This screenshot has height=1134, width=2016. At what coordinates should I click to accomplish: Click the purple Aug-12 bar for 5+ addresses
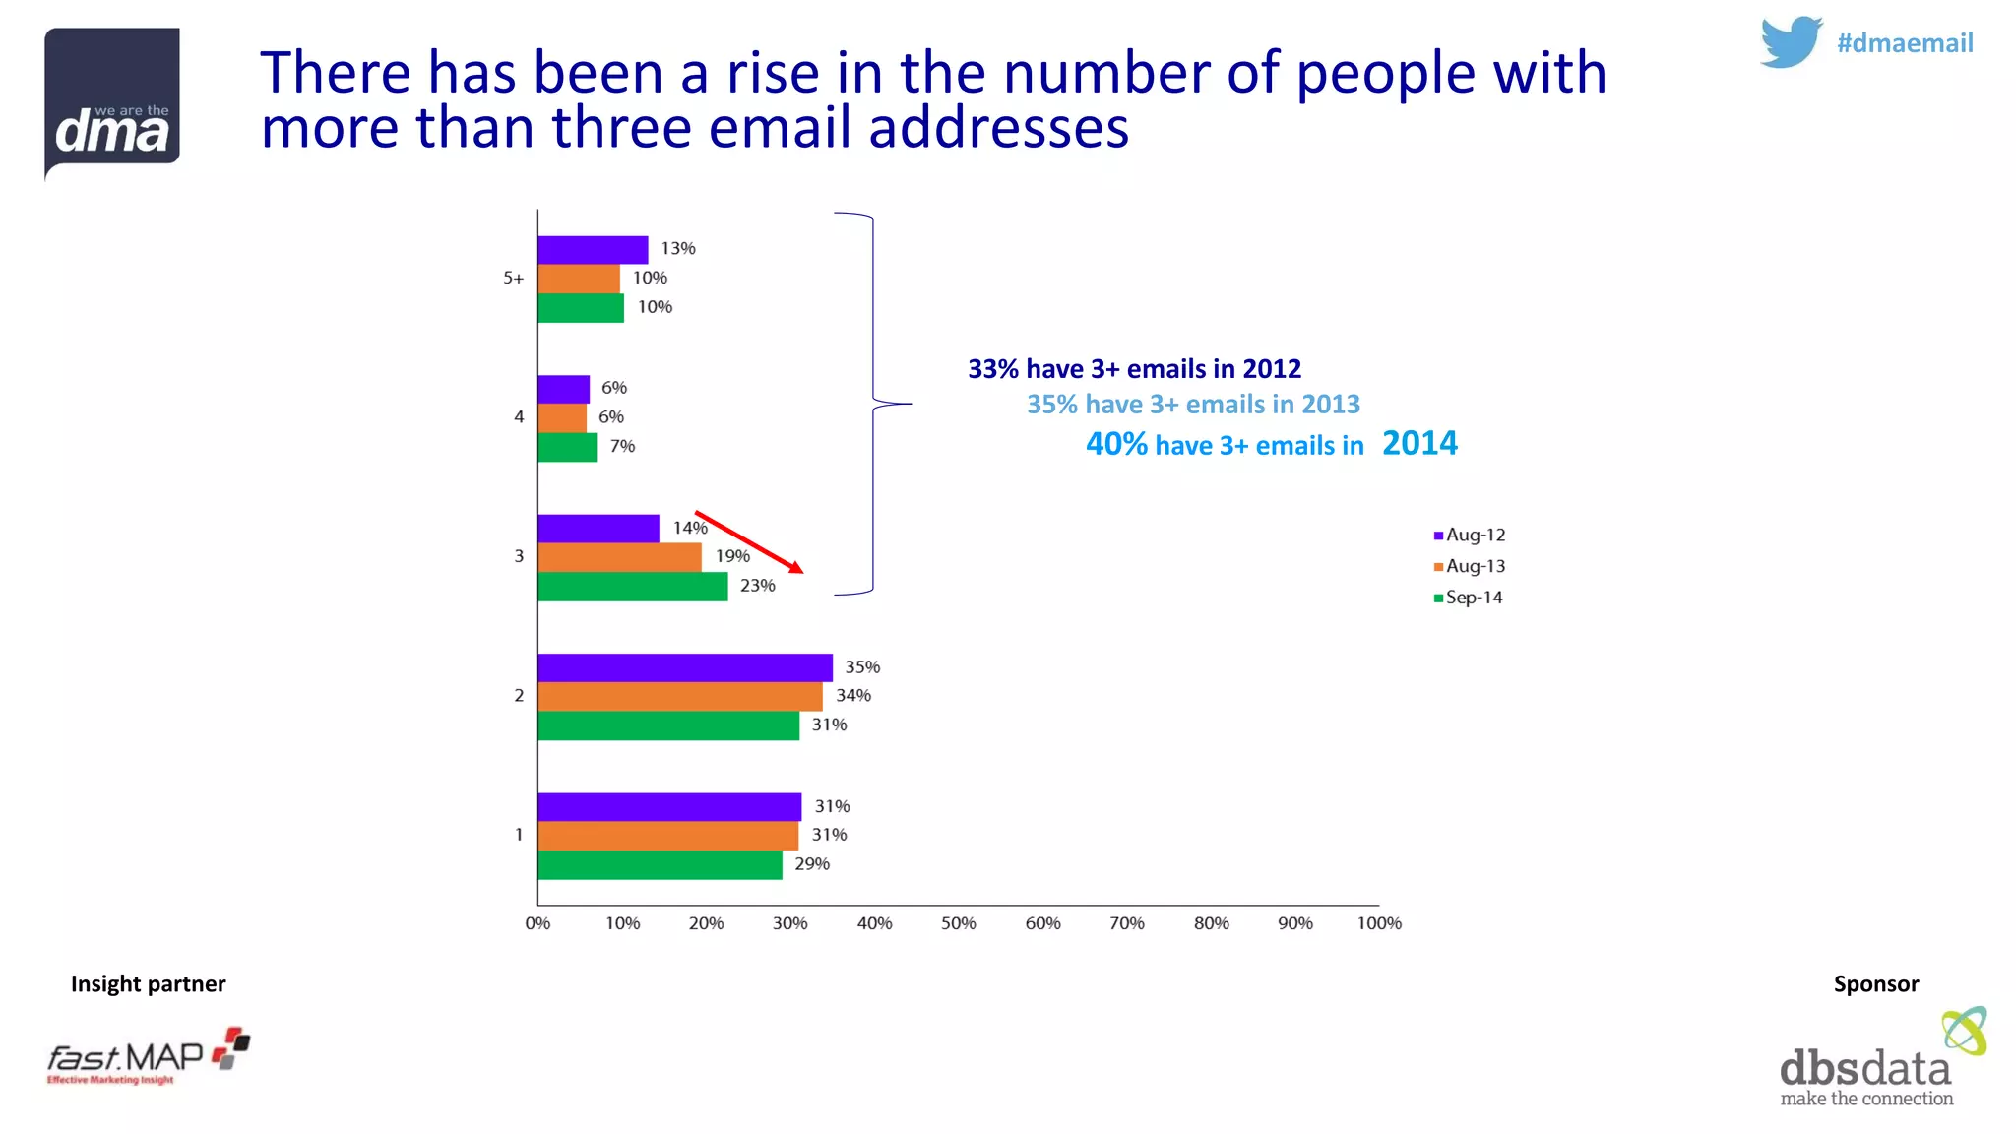[593, 250]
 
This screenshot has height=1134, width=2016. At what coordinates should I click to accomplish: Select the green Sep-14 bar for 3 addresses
[632, 587]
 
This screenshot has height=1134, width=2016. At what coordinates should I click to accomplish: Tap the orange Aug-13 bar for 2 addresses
[679, 697]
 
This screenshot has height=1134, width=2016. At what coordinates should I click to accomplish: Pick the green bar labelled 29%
[660, 865]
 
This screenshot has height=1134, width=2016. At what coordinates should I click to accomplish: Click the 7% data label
[622, 447]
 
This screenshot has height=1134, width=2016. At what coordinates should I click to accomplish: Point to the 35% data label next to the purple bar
[862, 667]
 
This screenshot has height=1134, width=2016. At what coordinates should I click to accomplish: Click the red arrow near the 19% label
[748, 541]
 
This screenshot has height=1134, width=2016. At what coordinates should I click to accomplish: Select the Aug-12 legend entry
[1470, 535]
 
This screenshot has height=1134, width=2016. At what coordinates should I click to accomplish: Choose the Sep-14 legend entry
[1469, 598]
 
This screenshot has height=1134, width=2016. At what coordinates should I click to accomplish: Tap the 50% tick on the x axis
[958, 923]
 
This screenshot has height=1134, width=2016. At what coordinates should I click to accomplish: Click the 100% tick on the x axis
[1379, 923]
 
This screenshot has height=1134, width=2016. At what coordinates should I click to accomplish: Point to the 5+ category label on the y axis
[514, 279]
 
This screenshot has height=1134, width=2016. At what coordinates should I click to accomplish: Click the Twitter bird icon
[1791, 42]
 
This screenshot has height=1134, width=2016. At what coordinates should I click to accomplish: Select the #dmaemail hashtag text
[1905, 43]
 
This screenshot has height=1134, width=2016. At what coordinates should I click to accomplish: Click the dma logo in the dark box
[112, 103]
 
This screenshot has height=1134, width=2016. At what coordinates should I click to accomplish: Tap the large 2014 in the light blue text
[1419, 443]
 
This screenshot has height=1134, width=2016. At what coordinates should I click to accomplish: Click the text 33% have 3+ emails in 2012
[1134, 369]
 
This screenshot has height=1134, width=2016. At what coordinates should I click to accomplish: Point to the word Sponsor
[1875, 983]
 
